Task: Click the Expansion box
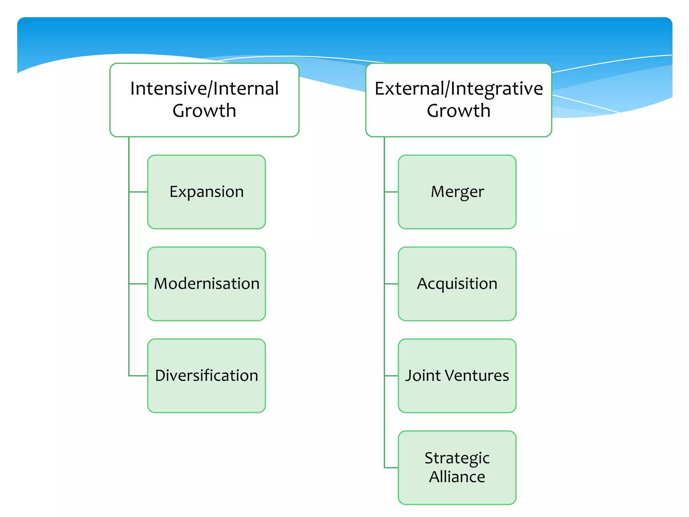point(207,192)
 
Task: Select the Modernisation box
point(207,284)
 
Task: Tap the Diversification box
point(207,376)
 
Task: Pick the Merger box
point(457,192)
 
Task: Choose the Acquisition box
point(457,284)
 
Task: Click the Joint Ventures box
point(457,376)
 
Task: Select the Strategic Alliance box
point(457,468)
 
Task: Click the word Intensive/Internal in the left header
point(204,89)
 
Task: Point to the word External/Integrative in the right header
point(459,89)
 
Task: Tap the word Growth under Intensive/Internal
point(204,111)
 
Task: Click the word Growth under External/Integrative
point(459,111)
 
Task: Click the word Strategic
point(457,458)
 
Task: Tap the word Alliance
point(457,477)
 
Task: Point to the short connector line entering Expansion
point(138,192)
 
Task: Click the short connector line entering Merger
point(391,192)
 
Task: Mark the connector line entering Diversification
point(138,376)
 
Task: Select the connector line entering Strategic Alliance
point(391,468)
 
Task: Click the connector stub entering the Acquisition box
point(391,284)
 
